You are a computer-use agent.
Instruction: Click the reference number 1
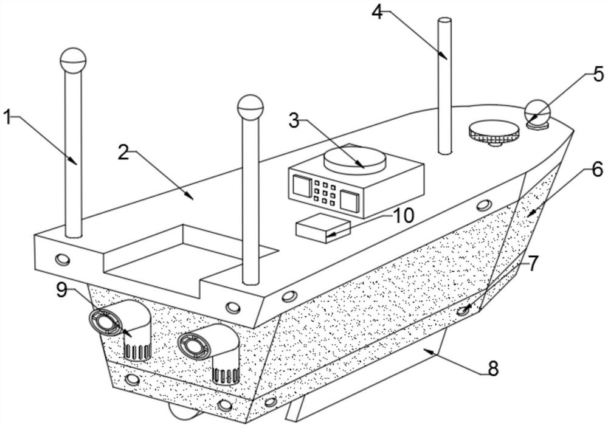(x=8, y=117)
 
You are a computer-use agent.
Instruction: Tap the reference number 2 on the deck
(x=123, y=153)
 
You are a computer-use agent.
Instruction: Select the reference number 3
(x=294, y=120)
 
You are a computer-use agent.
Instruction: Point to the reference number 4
(x=378, y=12)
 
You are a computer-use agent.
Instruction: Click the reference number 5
(x=598, y=75)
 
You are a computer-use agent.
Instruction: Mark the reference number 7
(x=533, y=264)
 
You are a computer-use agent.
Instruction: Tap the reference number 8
(x=492, y=368)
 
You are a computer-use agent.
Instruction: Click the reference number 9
(x=61, y=290)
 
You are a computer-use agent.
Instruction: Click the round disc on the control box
(x=355, y=159)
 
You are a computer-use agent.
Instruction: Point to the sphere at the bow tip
(x=537, y=112)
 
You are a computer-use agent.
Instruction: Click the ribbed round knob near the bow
(x=494, y=131)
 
